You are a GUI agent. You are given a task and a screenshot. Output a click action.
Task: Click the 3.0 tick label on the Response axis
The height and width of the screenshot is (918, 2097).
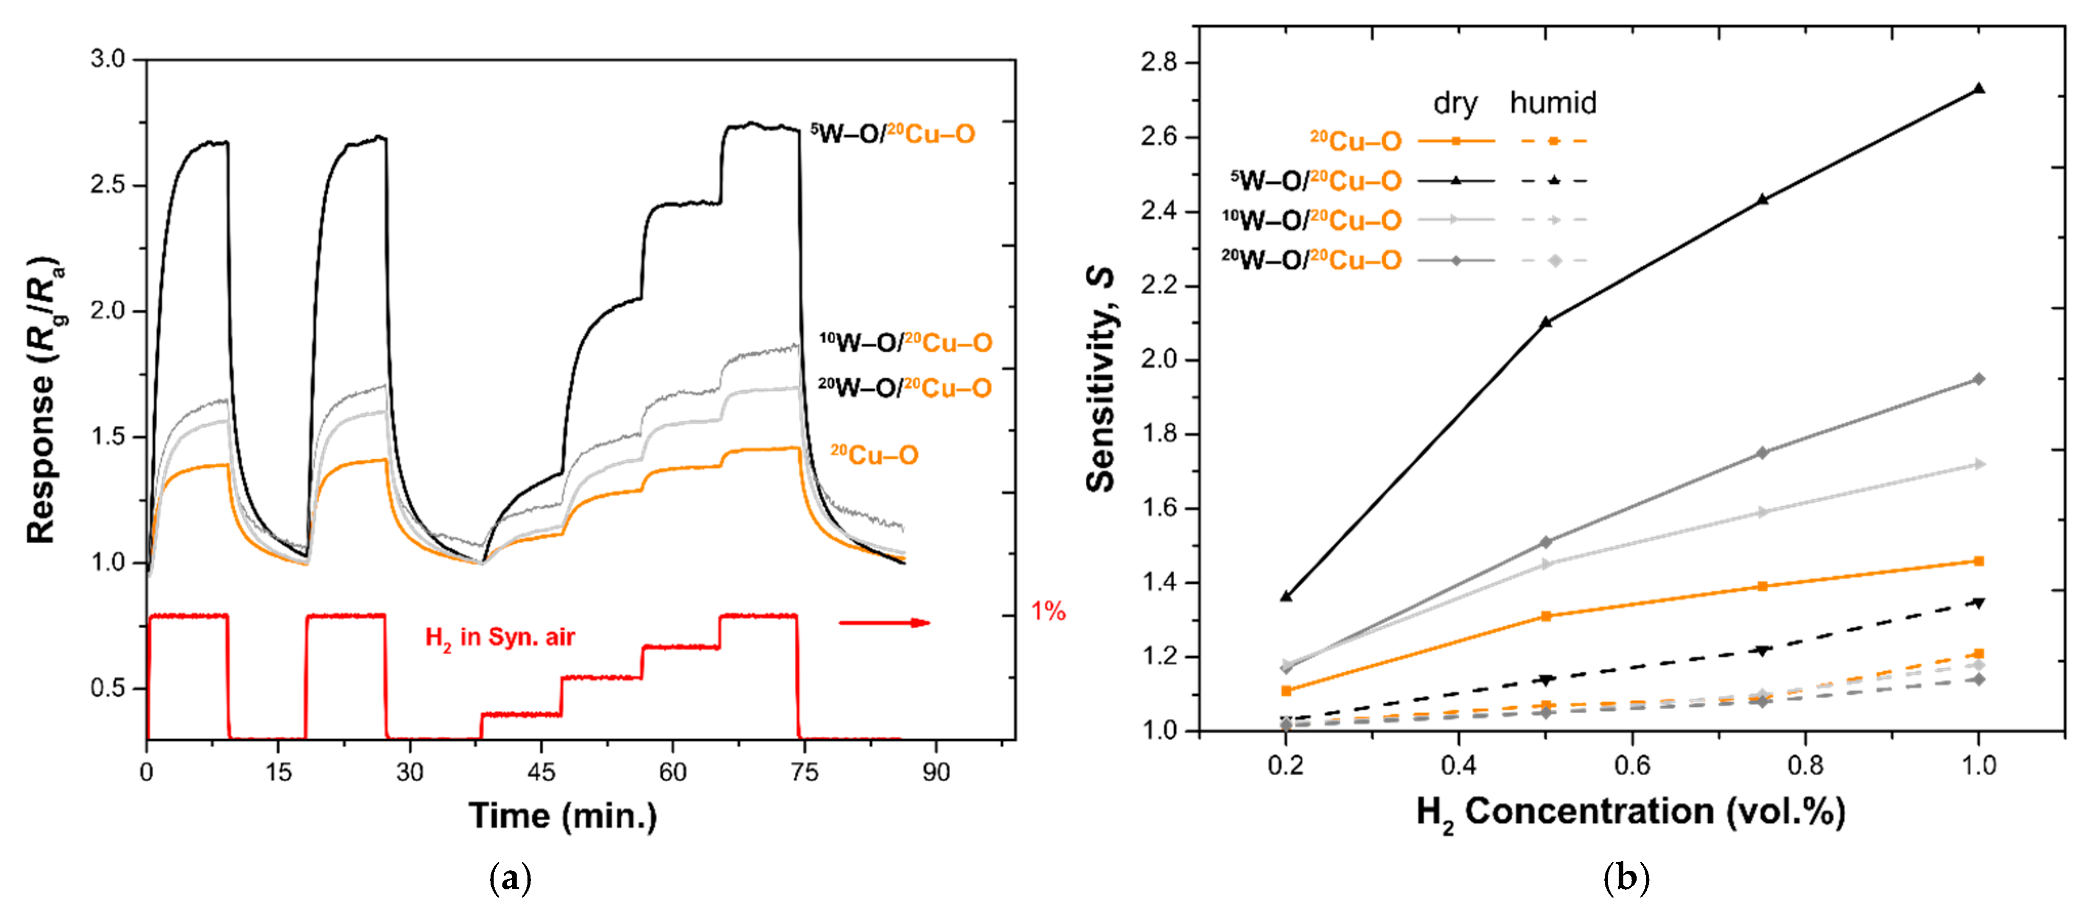click(108, 59)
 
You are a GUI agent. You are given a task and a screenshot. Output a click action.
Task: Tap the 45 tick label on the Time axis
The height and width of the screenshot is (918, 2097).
click(541, 772)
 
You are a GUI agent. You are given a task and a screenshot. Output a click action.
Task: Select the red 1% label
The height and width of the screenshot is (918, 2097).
click(1048, 611)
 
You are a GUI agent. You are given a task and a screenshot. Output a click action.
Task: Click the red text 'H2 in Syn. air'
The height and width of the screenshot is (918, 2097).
click(500, 637)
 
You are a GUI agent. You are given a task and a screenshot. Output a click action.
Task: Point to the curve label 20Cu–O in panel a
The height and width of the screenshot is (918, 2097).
click(874, 455)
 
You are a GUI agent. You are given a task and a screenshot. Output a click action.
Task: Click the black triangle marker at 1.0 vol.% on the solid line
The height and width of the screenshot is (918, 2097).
click(1979, 89)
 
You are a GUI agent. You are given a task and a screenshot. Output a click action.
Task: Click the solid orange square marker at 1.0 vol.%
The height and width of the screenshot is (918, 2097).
click(1979, 561)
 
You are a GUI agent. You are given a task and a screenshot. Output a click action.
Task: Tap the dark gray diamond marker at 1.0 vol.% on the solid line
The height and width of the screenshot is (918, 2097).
click(1979, 379)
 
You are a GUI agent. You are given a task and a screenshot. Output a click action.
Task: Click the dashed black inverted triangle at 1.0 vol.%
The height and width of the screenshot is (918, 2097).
click(1979, 603)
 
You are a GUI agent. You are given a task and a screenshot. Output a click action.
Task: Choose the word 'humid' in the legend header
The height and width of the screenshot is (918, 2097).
click(1553, 103)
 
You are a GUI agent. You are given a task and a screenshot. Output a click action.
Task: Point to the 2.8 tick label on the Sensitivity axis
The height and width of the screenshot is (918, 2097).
click(1159, 62)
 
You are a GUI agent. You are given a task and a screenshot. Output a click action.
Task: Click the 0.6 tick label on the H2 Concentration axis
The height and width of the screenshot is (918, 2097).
click(1632, 766)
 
